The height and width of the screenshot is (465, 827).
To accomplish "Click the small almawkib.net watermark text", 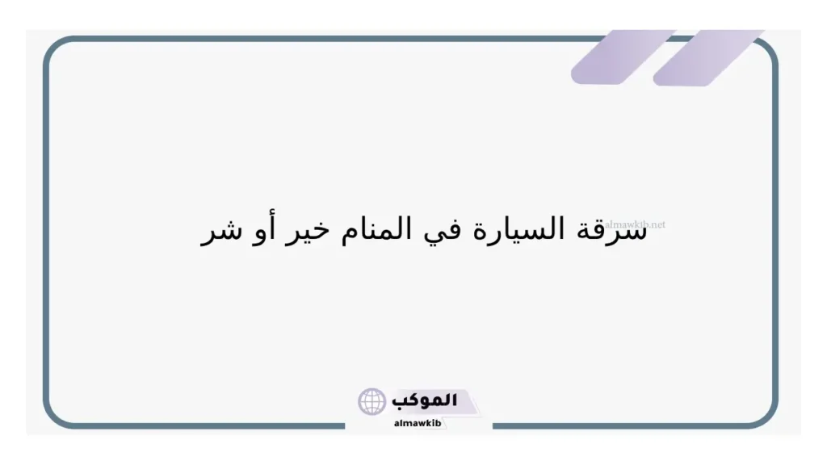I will (635, 224).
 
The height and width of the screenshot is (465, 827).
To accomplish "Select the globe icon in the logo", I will (372, 401).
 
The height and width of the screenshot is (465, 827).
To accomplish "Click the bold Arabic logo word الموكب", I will (424, 400).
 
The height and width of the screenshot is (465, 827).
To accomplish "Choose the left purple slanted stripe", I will (623, 57).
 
